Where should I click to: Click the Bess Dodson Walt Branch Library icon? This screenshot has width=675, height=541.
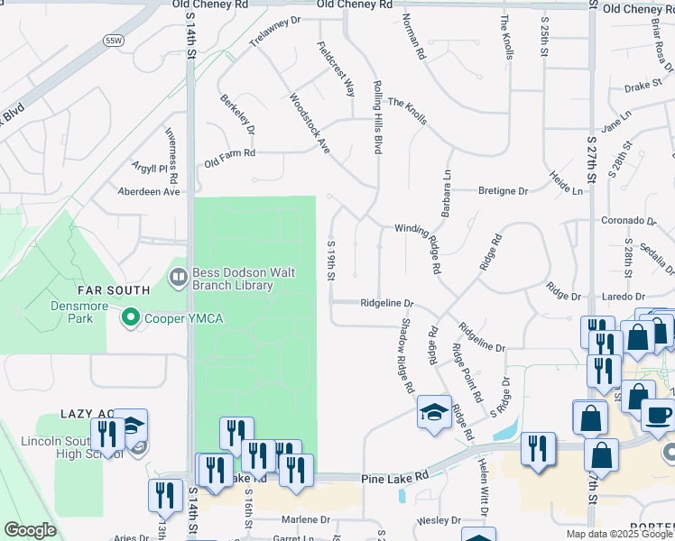click(177, 275)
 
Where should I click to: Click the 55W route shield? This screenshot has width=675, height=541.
click(113, 41)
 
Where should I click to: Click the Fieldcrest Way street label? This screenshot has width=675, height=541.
click(336, 69)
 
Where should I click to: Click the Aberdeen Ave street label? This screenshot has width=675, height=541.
click(150, 191)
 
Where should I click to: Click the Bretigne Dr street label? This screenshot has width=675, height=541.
click(503, 191)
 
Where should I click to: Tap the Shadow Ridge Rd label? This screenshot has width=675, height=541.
click(406, 356)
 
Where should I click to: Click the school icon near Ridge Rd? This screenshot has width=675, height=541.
click(434, 412)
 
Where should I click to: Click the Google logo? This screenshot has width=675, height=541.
click(30, 530)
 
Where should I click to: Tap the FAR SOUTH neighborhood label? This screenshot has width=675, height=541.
click(113, 290)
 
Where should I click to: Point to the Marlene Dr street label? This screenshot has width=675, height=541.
click(307, 520)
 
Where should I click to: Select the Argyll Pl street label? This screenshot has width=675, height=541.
click(151, 168)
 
